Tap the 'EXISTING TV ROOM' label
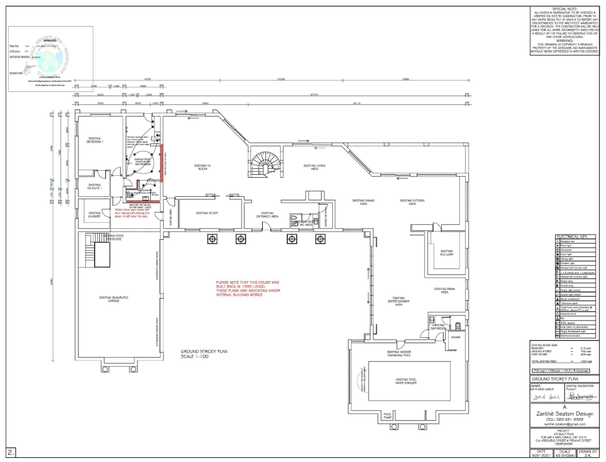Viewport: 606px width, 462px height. pos(201,167)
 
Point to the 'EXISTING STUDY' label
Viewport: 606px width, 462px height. pos(207,213)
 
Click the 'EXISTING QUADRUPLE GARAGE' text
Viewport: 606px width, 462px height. pos(113,299)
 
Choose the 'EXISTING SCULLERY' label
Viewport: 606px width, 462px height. pos(447,253)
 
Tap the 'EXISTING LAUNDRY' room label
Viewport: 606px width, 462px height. pos(94,214)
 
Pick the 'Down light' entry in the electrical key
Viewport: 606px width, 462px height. pos(567,254)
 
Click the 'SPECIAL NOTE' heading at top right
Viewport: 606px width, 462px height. pos(565,9)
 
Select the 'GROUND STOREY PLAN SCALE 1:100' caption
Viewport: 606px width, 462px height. pos(203,354)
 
